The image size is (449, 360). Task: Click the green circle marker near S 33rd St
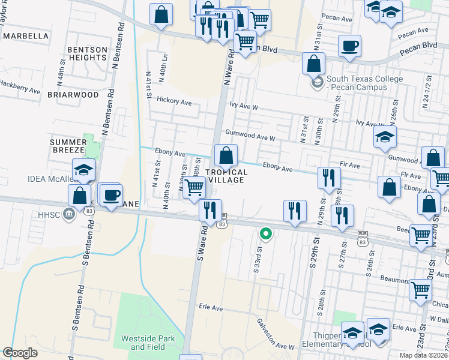click(265, 233)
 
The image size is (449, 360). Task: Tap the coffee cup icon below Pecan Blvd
click(349, 46)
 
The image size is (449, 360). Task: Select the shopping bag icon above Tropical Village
click(226, 156)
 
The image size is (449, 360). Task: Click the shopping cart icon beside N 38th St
click(194, 187)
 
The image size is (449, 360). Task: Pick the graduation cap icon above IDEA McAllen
click(84, 170)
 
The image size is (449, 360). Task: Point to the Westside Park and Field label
click(148, 343)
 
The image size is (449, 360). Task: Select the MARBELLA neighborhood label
click(26, 36)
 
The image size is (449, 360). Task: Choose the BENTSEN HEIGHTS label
click(88, 53)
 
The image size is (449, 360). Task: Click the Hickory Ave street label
click(174, 102)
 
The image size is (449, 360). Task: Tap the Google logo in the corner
click(20, 353)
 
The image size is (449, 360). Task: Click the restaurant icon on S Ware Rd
click(210, 211)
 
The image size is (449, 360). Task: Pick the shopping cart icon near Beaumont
click(421, 290)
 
